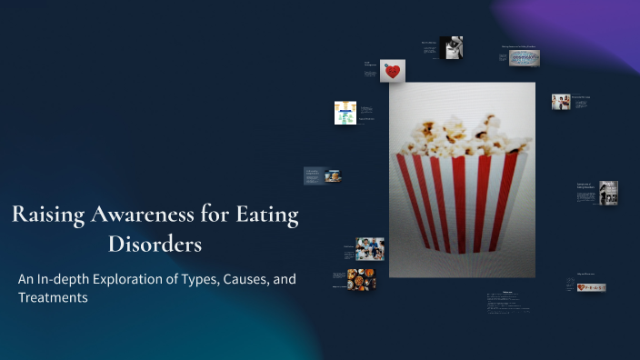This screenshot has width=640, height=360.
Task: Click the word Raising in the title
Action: (x=48, y=215)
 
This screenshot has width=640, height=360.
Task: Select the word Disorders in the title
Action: (x=155, y=245)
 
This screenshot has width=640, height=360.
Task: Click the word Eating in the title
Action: (x=266, y=215)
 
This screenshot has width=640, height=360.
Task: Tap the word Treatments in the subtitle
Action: (x=53, y=298)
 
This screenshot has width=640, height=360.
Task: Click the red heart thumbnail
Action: (x=393, y=72)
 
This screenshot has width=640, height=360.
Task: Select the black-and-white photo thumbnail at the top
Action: (x=452, y=47)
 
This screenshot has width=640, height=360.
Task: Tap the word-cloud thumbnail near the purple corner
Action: (x=523, y=58)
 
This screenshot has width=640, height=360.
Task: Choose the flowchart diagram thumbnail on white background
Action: (x=345, y=112)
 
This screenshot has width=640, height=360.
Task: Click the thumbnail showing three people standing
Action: (x=561, y=102)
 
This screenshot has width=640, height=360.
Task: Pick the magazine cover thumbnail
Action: (x=608, y=193)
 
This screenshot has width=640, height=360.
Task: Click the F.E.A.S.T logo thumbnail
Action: (x=591, y=287)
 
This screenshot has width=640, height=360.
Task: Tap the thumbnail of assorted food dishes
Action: (x=361, y=279)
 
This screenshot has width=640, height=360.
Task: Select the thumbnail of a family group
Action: (x=369, y=248)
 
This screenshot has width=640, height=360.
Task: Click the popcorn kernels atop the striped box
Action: (x=463, y=136)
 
